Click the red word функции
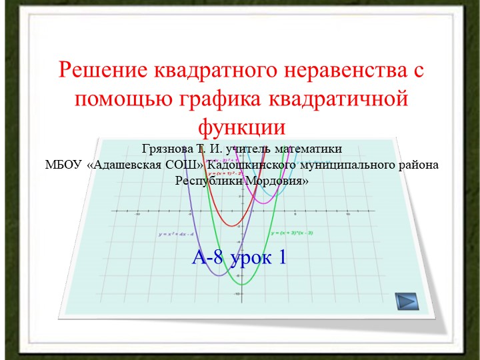[241, 127]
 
